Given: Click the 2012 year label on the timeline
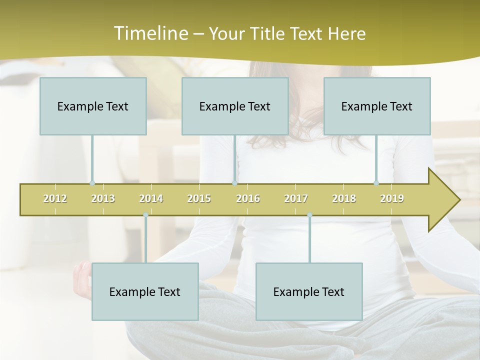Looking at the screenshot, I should (55, 198).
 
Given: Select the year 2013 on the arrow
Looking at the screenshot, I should (103, 198).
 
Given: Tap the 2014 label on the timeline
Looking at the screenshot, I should (151, 198).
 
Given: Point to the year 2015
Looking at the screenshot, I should (199, 198).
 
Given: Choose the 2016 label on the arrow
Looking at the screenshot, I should (248, 198).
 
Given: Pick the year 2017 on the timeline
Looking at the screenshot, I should (296, 198).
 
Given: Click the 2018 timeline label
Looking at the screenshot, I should (344, 198).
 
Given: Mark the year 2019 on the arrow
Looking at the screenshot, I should (392, 198).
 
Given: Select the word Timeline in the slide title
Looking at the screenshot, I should (150, 33).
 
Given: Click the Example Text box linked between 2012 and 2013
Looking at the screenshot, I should (93, 106).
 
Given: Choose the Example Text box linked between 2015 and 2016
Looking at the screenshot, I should (235, 106).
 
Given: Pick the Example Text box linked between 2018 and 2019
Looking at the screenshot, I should (377, 106).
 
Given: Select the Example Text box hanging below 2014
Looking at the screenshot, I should (145, 291).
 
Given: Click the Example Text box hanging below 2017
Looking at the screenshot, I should (309, 291).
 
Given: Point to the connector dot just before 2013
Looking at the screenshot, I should (92, 183).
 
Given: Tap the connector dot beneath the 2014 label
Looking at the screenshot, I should (145, 215).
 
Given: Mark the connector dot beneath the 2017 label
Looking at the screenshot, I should (309, 215).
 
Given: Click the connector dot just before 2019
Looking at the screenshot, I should (376, 183).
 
